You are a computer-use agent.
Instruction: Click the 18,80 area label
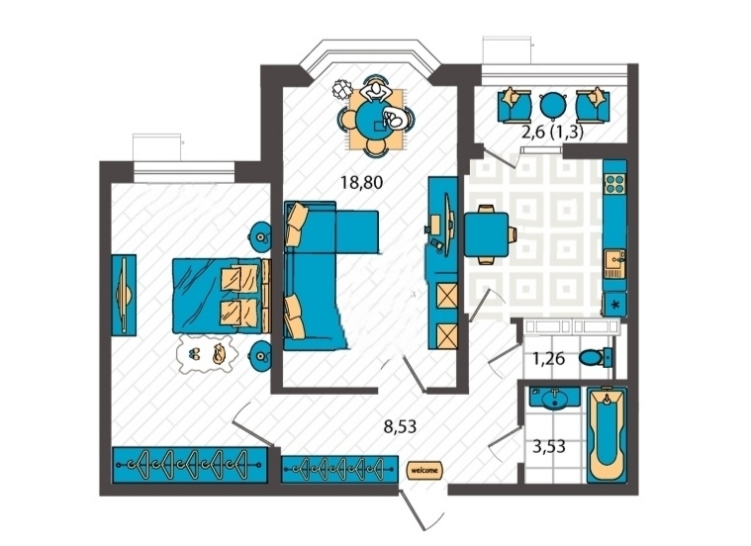coord(361,182)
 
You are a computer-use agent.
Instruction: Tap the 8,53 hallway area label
coord(401,426)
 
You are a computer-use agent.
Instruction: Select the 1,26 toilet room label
coord(549,358)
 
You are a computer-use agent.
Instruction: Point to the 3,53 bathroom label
coord(549,446)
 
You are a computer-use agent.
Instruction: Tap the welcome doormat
coord(424,470)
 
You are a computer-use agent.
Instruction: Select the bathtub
coord(607,435)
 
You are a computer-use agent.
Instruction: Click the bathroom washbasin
coord(555,398)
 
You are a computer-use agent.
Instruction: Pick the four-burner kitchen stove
coord(614,183)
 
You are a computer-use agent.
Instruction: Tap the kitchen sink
coord(614,263)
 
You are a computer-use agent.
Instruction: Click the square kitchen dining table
coord(486,234)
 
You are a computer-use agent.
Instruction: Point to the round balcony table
coord(553,106)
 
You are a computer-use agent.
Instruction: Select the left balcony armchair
coord(515,106)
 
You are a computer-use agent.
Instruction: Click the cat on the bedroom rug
coord(219,354)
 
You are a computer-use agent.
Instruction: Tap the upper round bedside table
coord(260,236)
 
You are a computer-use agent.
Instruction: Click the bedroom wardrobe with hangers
coord(190,465)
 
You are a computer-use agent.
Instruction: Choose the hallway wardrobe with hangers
coord(339,469)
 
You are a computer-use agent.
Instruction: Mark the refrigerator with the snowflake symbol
coord(615,304)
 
